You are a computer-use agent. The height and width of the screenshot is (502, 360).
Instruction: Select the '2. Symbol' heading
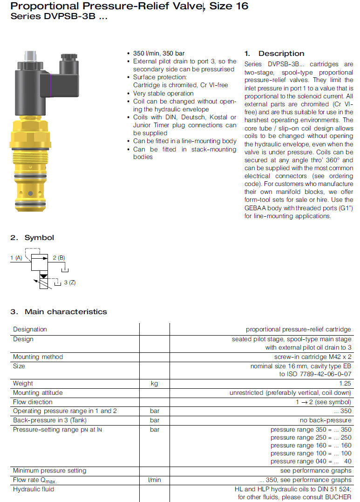coord(32,238)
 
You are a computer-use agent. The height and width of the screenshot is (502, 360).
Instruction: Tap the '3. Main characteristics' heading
coord(59,312)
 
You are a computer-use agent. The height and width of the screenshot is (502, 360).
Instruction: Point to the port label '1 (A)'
coord(16,257)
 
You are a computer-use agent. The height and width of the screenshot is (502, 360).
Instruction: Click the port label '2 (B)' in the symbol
coord(59,257)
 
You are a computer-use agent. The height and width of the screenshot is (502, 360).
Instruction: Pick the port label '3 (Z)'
coord(70,283)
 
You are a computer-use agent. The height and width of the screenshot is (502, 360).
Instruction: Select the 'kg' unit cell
coord(154,384)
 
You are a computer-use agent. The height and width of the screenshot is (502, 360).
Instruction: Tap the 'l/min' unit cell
coord(154,480)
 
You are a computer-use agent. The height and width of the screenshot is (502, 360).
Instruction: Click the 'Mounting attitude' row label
coord(38,393)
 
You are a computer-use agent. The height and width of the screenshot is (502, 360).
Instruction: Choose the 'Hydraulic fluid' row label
coord(34,489)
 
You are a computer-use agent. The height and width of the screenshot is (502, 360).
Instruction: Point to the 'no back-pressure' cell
coord(326,420)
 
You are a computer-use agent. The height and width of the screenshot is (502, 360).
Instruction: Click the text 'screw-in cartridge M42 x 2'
coord(312,357)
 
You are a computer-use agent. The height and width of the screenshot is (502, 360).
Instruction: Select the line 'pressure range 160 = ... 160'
coord(311,446)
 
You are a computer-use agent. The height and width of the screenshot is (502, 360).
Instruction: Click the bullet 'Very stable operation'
coord(163,93)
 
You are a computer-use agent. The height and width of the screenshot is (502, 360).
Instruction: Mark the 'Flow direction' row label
coord(33,402)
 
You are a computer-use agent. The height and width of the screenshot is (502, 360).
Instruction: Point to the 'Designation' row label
coord(30,330)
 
